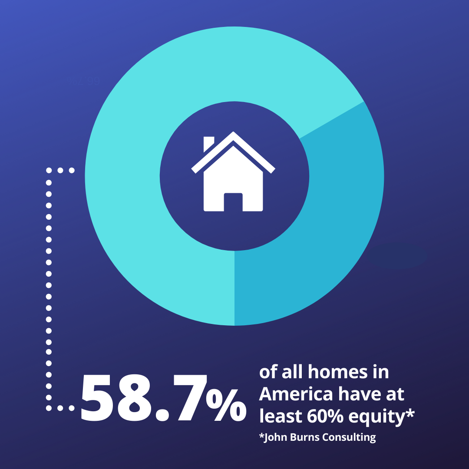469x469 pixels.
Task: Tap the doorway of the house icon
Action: pyautogui.click(x=233, y=202)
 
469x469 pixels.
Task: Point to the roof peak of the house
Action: pyautogui.click(x=233, y=132)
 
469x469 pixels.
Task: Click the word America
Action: pyautogui.click(x=296, y=394)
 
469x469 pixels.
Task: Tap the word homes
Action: pyautogui.click(x=338, y=372)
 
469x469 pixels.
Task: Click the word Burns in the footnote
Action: pyautogui.click(x=305, y=437)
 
